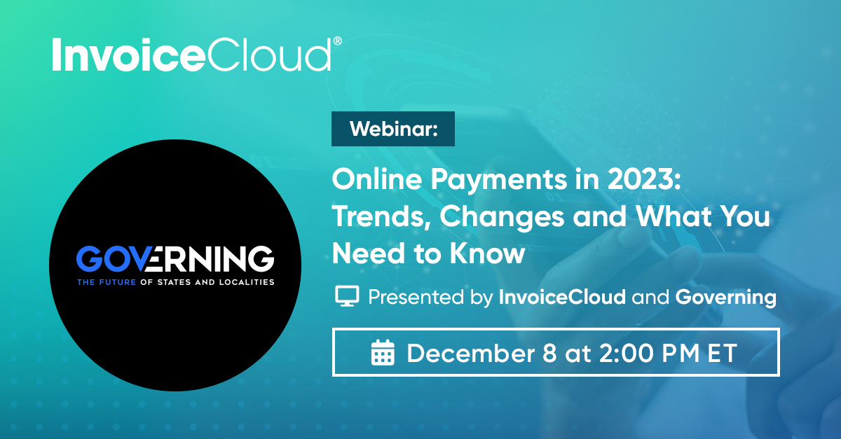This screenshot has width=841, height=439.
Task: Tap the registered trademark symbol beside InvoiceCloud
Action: click(x=338, y=41)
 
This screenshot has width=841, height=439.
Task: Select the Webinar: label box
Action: click(x=392, y=129)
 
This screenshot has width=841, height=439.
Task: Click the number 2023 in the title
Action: click(x=643, y=179)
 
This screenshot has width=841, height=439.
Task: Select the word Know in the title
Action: click(x=487, y=253)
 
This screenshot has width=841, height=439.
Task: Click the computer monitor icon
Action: click(x=347, y=296)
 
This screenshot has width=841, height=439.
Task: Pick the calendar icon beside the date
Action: click(x=383, y=352)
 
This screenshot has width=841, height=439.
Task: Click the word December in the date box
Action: click(x=471, y=353)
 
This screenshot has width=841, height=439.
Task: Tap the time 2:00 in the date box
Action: click(x=627, y=353)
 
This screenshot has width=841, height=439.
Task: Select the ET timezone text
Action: click(x=723, y=353)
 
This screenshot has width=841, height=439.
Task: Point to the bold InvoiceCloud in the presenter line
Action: click(x=562, y=297)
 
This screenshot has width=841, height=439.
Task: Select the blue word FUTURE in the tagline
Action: click(x=117, y=282)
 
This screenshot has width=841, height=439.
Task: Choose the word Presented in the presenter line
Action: click(x=417, y=297)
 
